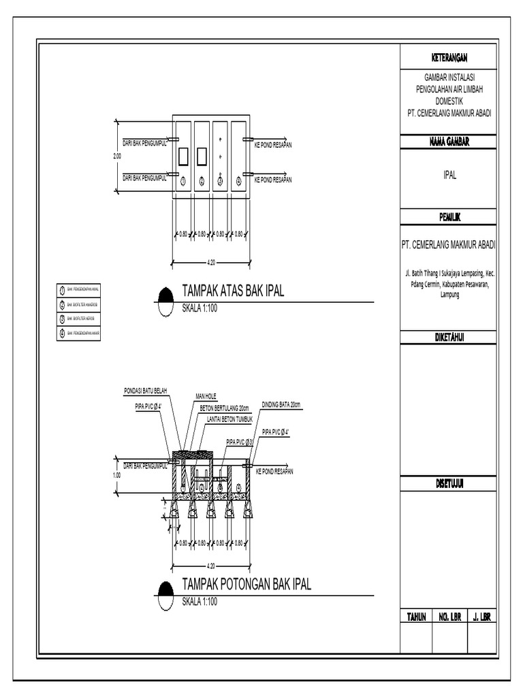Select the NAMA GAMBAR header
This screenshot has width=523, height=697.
click(448, 142)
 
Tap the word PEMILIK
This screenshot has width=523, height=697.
click(448, 217)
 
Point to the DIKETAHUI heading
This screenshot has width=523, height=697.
click(448, 338)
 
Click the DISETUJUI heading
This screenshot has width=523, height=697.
click(448, 483)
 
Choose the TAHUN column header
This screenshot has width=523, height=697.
click(416, 617)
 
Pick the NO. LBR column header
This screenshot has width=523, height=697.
click(450, 617)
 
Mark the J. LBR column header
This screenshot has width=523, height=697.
click(481, 617)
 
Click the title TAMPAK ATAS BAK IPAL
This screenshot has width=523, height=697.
click(232, 292)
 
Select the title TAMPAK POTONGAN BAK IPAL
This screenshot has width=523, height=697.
click(247, 585)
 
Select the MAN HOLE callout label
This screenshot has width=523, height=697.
click(206, 395)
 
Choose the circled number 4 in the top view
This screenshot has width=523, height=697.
click(238, 181)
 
